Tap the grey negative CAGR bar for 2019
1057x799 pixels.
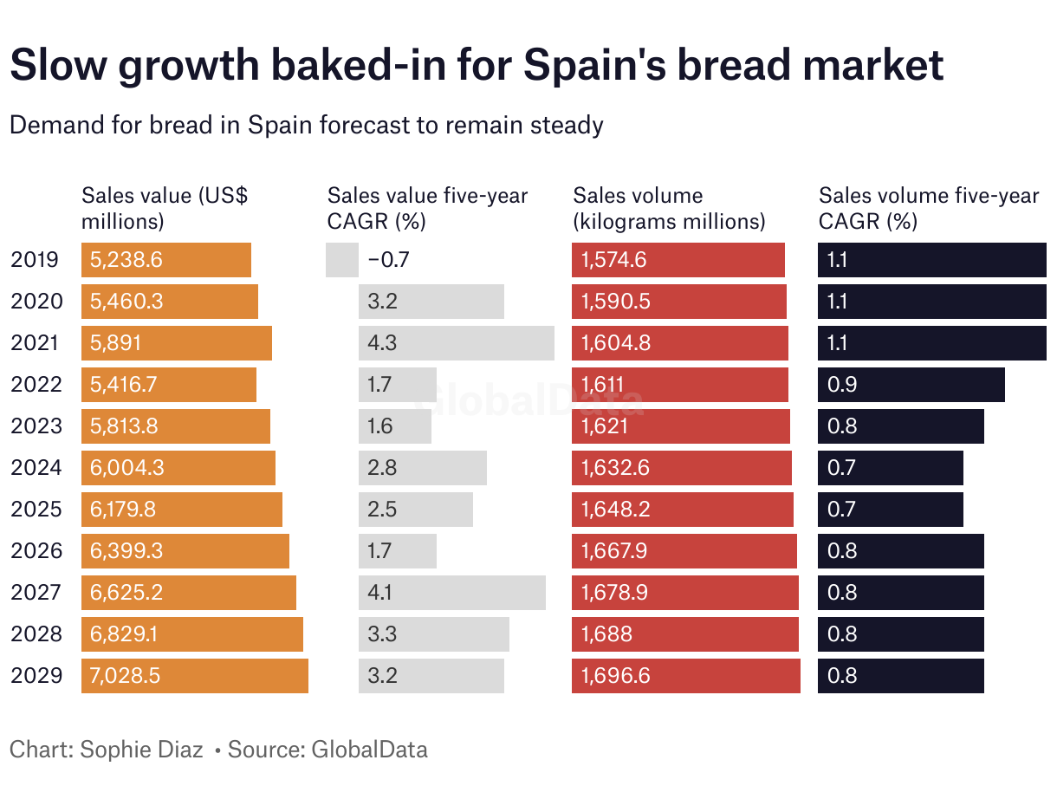[x=342, y=260]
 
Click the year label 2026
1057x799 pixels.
[x=36, y=551]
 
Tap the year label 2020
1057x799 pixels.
[x=36, y=302]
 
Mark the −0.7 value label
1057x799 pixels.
[x=387, y=260]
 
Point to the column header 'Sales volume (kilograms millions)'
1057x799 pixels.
[x=669, y=209]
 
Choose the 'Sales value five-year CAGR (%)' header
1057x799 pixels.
[x=427, y=209]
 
